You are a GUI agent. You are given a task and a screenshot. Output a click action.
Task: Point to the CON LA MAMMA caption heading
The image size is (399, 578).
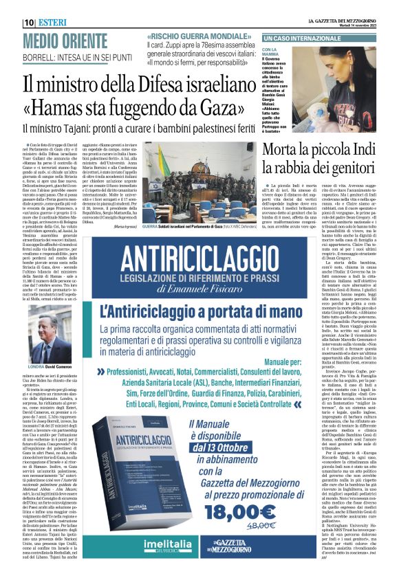point(270,54)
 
